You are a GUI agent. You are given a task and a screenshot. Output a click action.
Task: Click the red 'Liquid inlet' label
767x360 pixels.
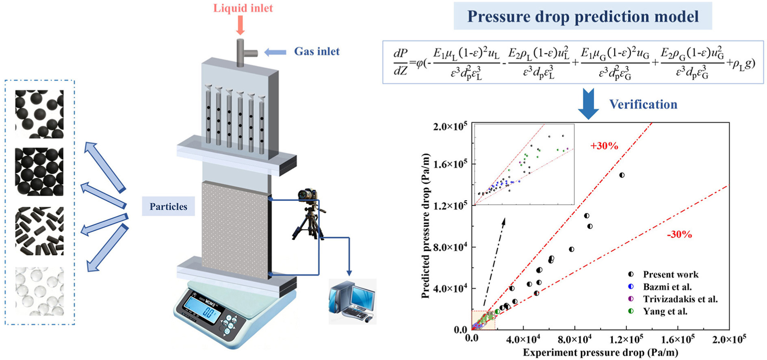243,8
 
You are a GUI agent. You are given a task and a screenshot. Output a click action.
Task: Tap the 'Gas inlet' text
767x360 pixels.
316,52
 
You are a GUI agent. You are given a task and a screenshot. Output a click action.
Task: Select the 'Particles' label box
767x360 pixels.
168,206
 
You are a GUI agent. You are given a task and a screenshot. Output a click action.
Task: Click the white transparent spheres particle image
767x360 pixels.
39,291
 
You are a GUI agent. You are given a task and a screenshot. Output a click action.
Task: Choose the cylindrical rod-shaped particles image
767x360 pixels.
39,231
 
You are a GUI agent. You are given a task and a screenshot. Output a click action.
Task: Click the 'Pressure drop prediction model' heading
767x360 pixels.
583,16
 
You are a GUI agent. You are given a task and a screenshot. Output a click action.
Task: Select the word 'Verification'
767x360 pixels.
643,104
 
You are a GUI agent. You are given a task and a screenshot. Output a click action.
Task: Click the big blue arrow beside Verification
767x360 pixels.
588,104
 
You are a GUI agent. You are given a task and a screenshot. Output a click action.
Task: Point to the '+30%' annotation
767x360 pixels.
604,146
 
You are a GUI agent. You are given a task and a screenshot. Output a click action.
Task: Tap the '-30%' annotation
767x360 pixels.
679,234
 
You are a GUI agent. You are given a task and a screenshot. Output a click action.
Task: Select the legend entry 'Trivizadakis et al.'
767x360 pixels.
680,299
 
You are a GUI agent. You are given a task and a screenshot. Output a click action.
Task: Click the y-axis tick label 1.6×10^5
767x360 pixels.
450,164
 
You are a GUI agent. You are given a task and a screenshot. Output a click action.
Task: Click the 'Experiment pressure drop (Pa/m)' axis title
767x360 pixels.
600,352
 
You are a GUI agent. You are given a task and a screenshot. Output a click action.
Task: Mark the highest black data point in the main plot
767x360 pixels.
622,175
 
